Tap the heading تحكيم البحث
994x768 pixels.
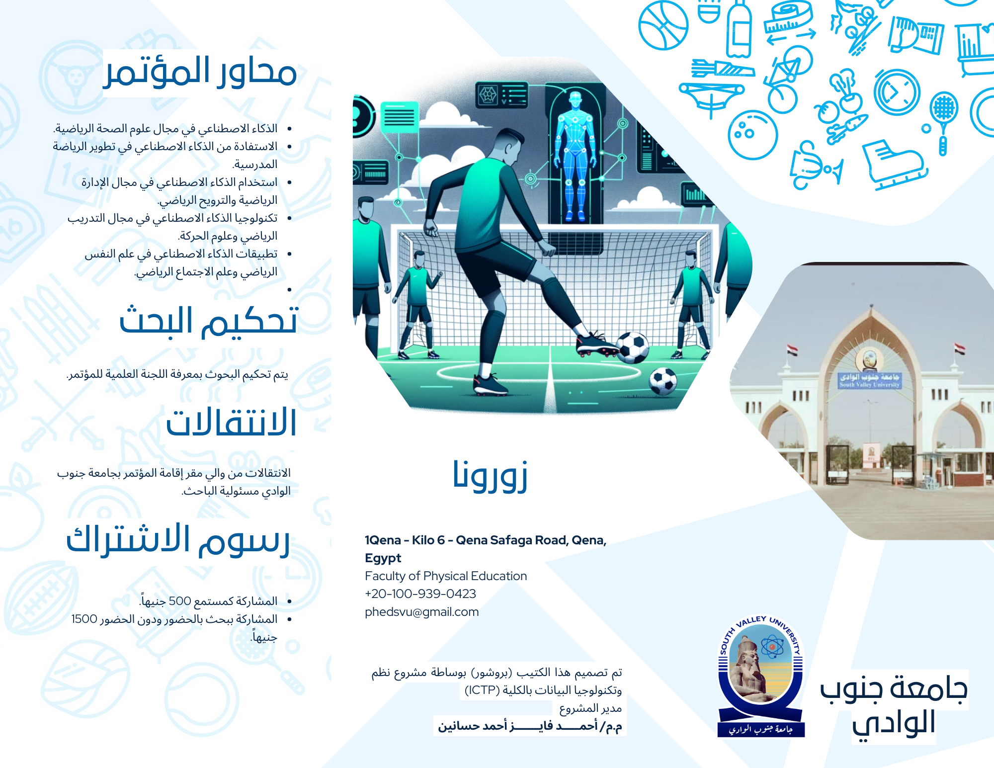click(x=208, y=321)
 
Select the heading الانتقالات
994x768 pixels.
click(x=231, y=423)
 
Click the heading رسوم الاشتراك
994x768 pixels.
click(x=178, y=540)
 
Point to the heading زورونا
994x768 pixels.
click(x=490, y=475)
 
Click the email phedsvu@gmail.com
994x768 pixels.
click(x=422, y=612)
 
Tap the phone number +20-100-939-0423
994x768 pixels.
click(x=420, y=594)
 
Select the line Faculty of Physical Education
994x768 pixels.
click(x=446, y=576)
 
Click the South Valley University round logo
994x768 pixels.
click(x=761, y=676)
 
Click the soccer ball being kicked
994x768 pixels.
click(x=632, y=347)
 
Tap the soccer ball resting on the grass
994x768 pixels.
click(x=663, y=381)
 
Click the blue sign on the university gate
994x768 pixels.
click(x=869, y=380)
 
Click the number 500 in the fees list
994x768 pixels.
click(x=180, y=601)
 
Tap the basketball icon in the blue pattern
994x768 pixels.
click(x=663, y=25)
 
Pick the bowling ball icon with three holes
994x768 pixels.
click(x=753, y=134)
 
